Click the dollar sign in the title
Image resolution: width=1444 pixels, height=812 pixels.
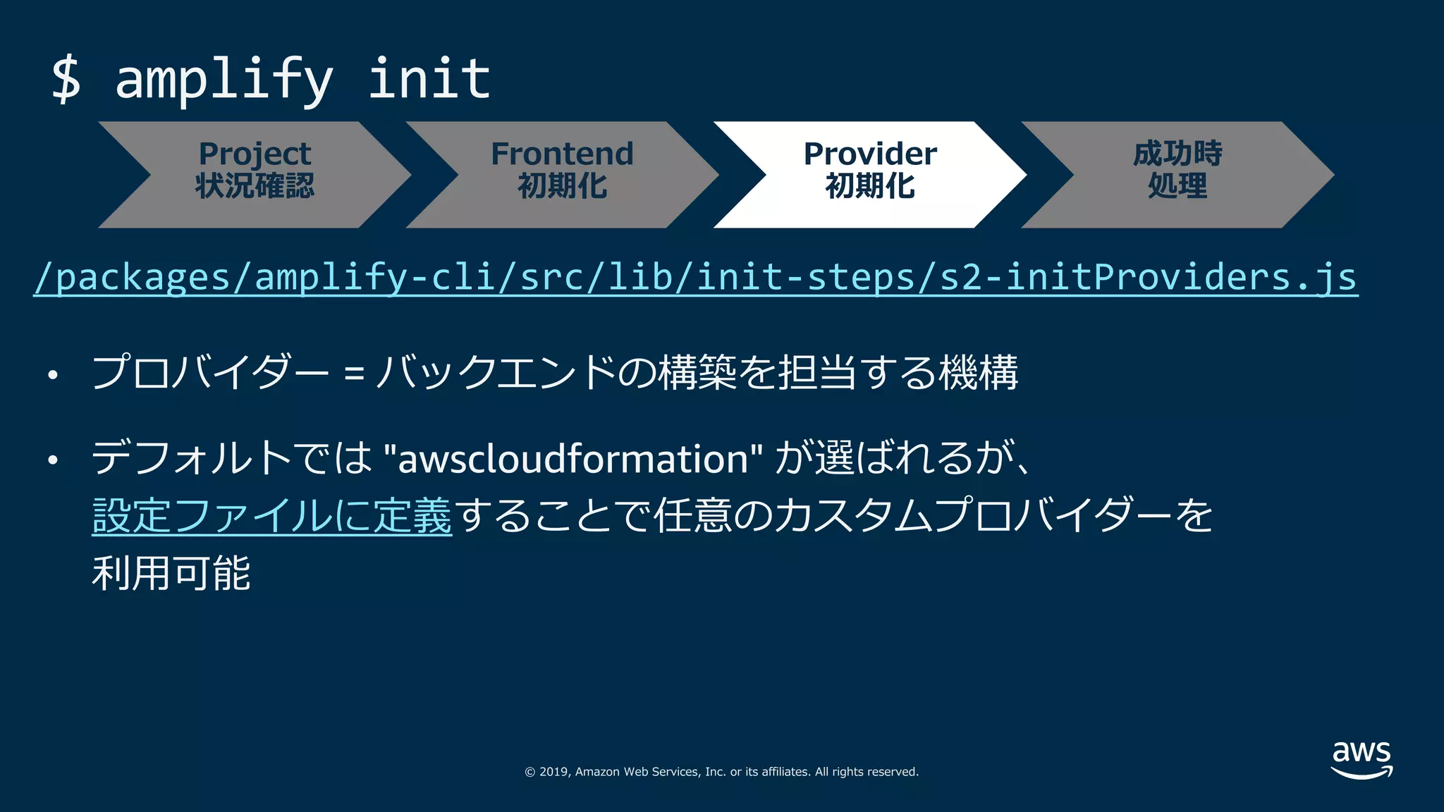66,79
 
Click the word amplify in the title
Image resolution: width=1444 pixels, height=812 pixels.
224,79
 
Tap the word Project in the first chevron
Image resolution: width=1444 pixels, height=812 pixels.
255,154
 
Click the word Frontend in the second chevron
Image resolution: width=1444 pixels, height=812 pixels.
562,154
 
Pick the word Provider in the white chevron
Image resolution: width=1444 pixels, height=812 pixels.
870,154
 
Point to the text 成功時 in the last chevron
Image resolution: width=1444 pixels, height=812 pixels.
1177,154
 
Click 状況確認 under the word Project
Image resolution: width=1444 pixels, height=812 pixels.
255,186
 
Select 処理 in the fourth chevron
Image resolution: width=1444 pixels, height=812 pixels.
1177,186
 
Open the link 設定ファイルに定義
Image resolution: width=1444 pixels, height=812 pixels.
271,515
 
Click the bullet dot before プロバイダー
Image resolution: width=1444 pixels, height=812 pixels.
53,375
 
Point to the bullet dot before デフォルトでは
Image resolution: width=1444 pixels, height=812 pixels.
53,461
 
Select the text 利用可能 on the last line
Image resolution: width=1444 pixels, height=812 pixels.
171,572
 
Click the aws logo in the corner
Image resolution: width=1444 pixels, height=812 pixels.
1362,758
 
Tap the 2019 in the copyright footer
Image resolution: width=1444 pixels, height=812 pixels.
553,772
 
